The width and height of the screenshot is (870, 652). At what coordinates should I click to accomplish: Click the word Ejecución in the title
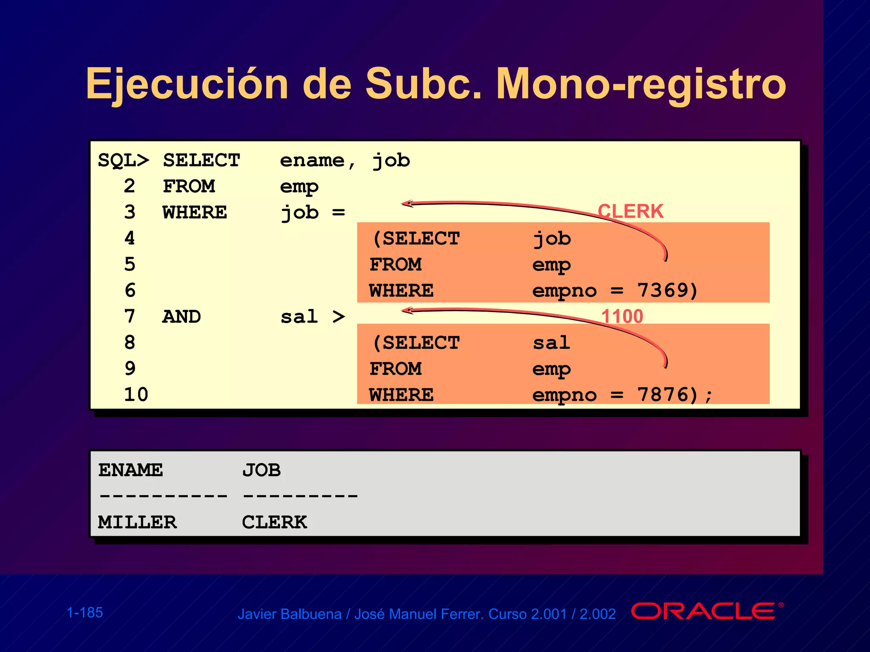pyautogui.click(x=187, y=84)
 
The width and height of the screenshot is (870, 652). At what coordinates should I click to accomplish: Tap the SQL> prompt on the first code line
pyautogui.click(x=123, y=161)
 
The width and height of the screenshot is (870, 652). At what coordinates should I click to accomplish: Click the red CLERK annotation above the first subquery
pyautogui.click(x=630, y=211)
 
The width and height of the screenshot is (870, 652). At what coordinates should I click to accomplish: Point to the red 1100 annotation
pyautogui.click(x=622, y=316)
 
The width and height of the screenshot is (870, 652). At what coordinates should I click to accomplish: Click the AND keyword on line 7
pyautogui.click(x=182, y=317)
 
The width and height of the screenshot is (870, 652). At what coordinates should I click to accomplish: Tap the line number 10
pyautogui.click(x=136, y=395)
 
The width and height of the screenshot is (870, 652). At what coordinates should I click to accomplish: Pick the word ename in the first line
pyautogui.click(x=312, y=161)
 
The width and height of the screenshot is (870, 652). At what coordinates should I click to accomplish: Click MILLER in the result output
pyautogui.click(x=137, y=522)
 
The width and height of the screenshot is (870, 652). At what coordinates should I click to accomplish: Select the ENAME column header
pyautogui.click(x=130, y=470)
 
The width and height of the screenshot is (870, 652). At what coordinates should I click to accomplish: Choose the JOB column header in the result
pyautogui.click(x=261, y=470)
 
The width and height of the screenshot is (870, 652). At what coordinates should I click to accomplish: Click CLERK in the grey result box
pyautogui.click(x=274, y=522)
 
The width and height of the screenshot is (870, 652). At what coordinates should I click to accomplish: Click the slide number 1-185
pyautogui.click(x=85, y=613)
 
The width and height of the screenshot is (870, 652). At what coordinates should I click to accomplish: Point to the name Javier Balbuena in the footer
pyautogui.click(x=289, y=614)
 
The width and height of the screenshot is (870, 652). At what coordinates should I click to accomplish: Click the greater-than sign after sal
pyautogui.click(x=339, y=317)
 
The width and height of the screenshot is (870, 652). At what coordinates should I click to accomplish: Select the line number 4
pyautogui.click(x=130, y=238)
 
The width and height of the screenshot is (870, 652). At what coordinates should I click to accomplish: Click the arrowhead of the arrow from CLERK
pyautogui.click(x=407, y=204)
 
